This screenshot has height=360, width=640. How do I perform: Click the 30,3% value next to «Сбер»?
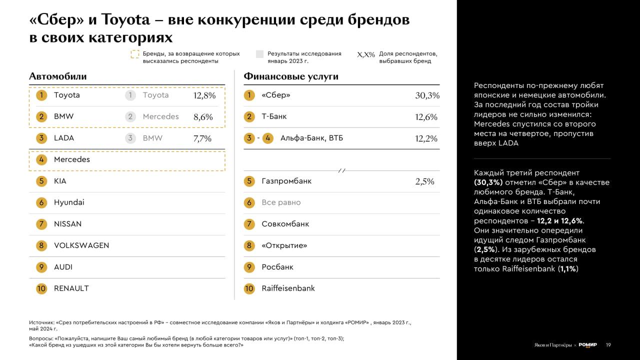(427, 95)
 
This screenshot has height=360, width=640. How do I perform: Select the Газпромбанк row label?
(286, 181)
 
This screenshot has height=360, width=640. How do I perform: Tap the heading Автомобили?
(57, 76)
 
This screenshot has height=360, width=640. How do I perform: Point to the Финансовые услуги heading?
(291, 76)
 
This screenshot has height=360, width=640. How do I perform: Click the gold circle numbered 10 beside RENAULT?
(41, 288)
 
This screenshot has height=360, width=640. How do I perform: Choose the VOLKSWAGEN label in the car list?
(81, 245)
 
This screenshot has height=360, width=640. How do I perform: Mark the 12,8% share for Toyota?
(204, 95)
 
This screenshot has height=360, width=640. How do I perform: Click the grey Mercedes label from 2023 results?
(160, 116)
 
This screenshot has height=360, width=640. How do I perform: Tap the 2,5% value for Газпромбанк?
(424, 181)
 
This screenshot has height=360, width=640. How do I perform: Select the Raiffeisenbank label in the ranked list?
(288, 288)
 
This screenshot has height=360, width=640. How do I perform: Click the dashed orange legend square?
(135, 54)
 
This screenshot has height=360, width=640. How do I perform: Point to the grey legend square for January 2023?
(259, 54)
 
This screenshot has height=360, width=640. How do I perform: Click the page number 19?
(608, 345)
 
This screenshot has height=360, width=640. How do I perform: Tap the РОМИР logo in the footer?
(587, 345)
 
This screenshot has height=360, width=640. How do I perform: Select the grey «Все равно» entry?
(281, 202)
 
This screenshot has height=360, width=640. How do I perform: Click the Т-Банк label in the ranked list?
(274, 116)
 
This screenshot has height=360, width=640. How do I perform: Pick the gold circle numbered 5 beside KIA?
(41, 181)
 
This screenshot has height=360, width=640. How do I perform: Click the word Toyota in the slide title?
(125, 20)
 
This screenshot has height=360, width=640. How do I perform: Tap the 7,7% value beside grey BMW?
(202, 138)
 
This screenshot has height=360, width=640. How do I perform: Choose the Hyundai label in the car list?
(69, 202)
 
